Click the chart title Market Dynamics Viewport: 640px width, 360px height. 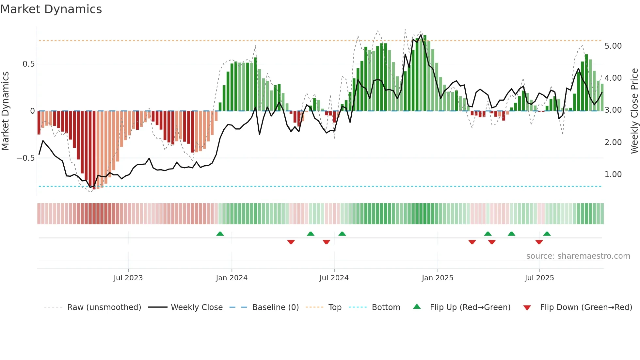(x=51, y=9)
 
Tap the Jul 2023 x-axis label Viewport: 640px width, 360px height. (x=128, y=278)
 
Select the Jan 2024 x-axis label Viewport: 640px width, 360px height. (x=232, y=278)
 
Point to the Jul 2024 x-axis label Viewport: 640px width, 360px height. (x=334, y=278)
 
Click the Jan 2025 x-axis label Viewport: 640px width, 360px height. (x=437, y=278)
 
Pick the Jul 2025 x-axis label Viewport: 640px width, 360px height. (x=539, y=278)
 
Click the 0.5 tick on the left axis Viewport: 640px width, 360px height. (x=29, y=64)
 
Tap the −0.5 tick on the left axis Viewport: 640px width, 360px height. (x=26, y=158)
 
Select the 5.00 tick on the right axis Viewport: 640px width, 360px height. (x=613, y=46)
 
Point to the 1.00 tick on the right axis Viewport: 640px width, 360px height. (x=613, y=174)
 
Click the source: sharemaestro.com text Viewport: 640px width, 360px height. (x=578, y=256)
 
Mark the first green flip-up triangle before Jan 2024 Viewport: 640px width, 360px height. (x=220, y=234)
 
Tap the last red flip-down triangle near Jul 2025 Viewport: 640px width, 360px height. (x=539, y=242)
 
